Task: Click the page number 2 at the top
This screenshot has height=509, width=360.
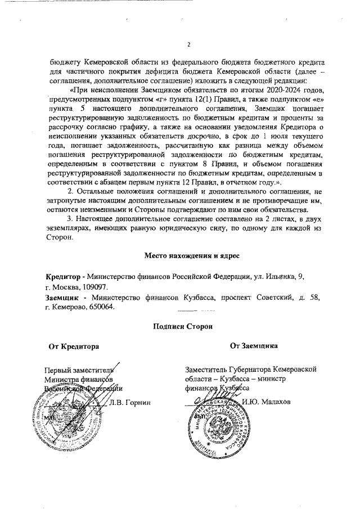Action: click(x=189, y=46)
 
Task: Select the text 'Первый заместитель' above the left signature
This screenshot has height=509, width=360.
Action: click(x=79, y=370)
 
